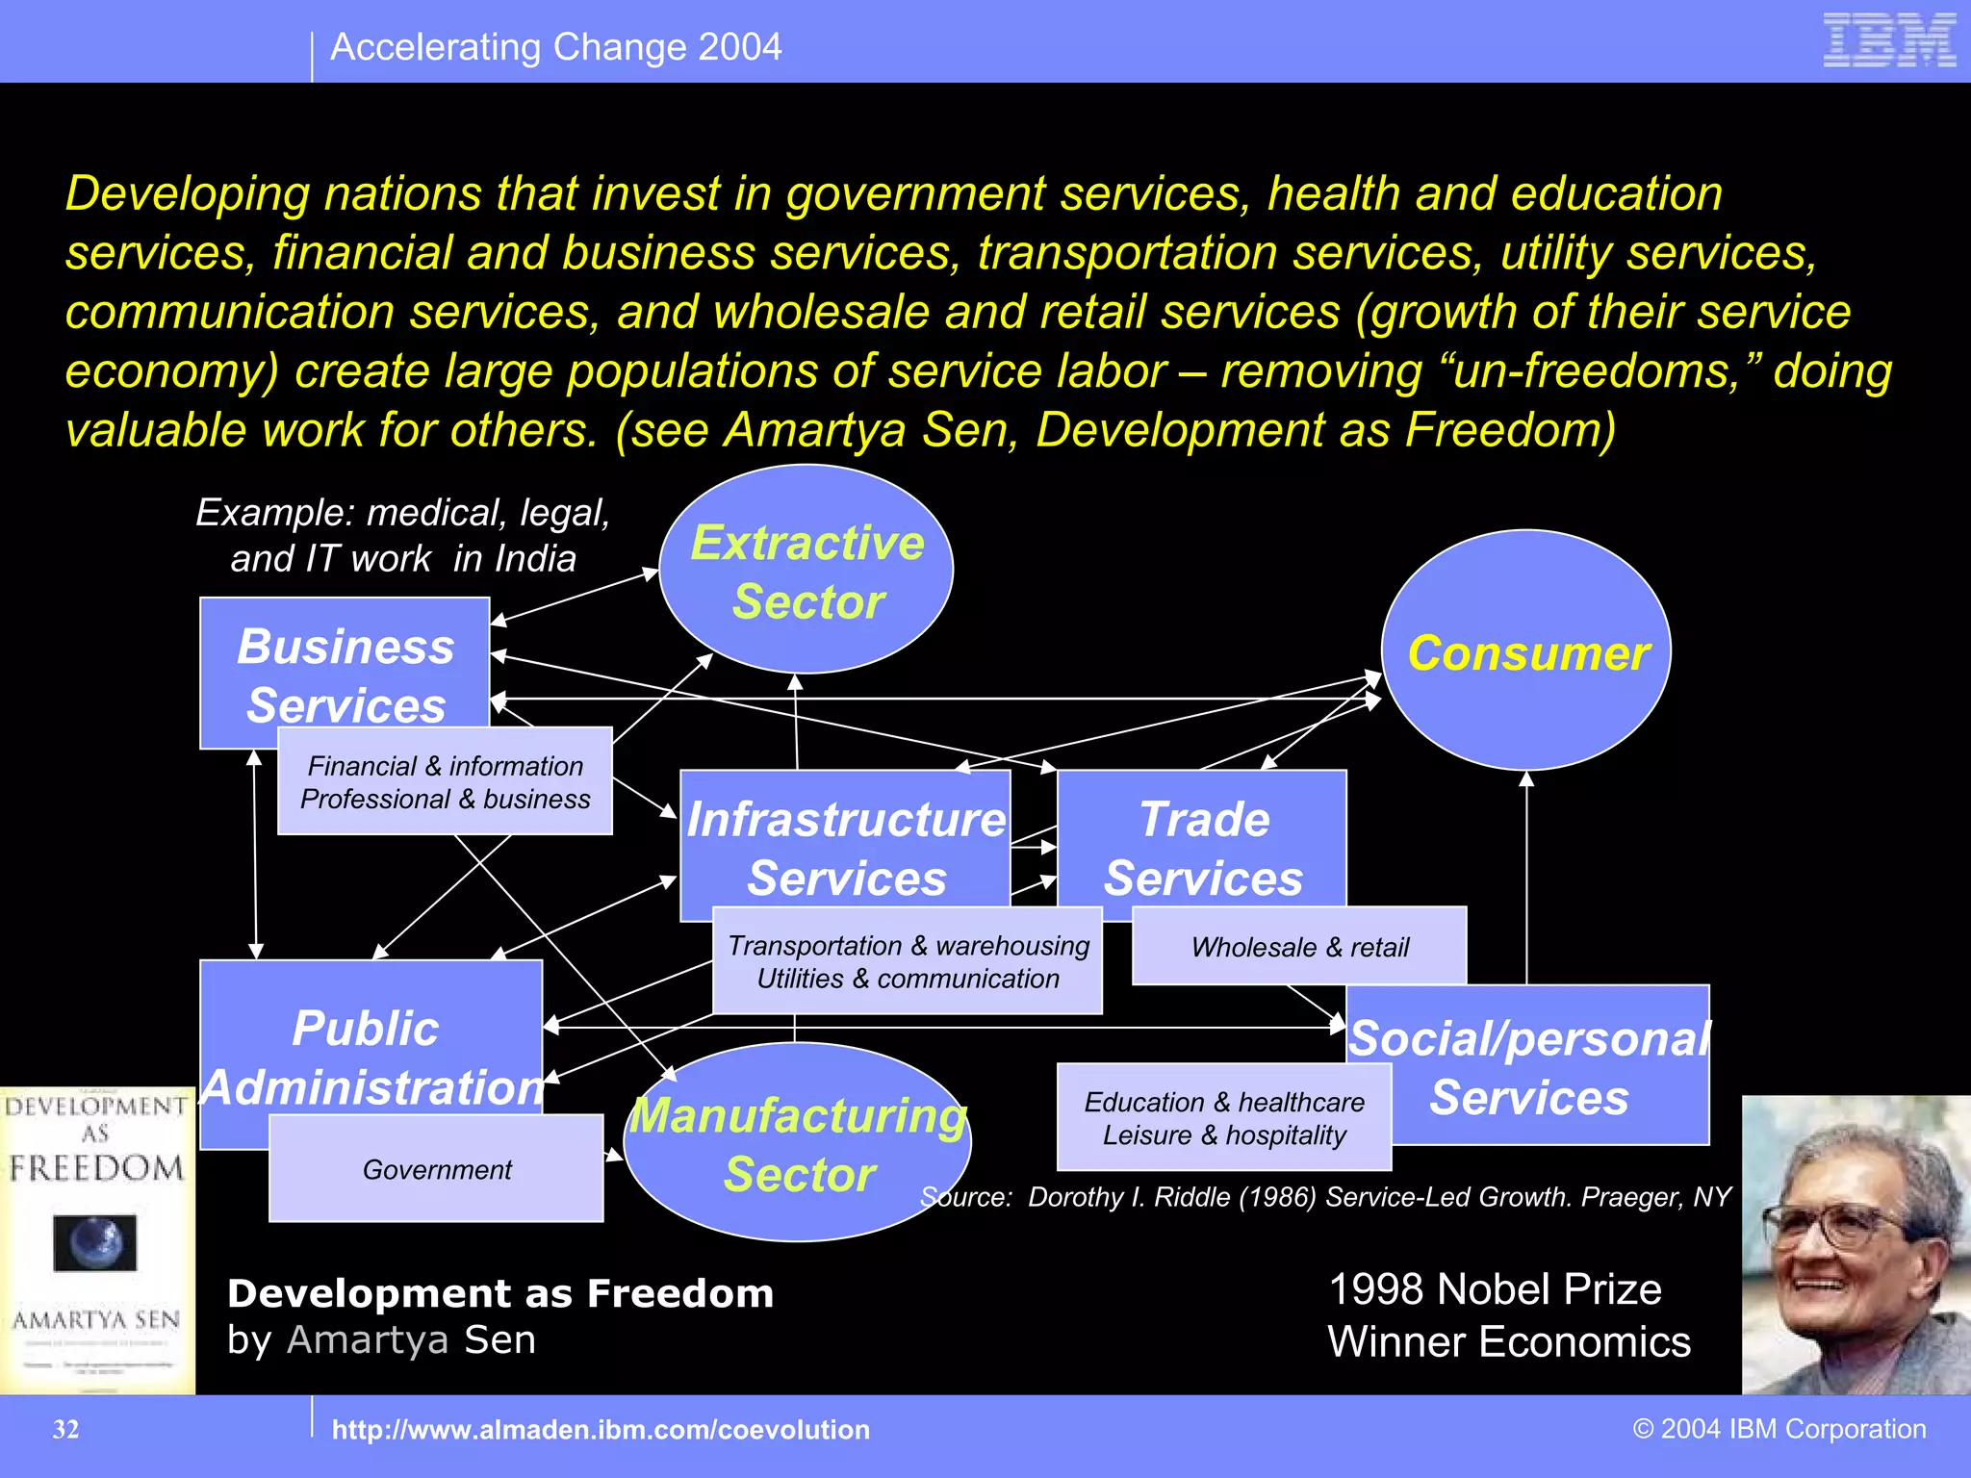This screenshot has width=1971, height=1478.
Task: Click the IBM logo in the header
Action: [x=1889, y=40]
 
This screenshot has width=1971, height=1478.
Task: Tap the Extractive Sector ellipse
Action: [x=806, y=570]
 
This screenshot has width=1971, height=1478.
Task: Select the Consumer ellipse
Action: [x=1526, y=651]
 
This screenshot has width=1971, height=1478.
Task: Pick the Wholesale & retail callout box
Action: [x=1299, y=947]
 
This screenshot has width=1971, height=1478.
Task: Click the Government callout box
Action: [x=437, y=1169]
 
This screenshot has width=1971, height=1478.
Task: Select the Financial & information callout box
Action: [x=445, y=781]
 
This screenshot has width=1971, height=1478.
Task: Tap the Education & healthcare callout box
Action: [x=1224, y=1118]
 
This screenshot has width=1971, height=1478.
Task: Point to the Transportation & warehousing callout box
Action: [x=908, y=961]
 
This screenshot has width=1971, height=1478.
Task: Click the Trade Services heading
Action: [x=1203, y=847]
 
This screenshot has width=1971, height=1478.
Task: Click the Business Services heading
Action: [x=346, y=675]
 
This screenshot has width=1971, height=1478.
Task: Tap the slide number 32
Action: [x=65, y=1429]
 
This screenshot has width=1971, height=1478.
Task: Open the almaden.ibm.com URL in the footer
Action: [x=601, y=1430]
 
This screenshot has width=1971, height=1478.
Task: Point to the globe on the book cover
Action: [x=95, y=1242]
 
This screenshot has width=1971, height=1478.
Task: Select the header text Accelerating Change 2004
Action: [x=555, y=47]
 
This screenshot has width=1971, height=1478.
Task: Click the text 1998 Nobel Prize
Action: [x=1495, y=1289]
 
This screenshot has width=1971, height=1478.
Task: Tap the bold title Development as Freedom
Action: [x=500, y=1293]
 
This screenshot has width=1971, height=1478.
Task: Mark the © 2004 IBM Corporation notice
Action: [x=1779, y=1429]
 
